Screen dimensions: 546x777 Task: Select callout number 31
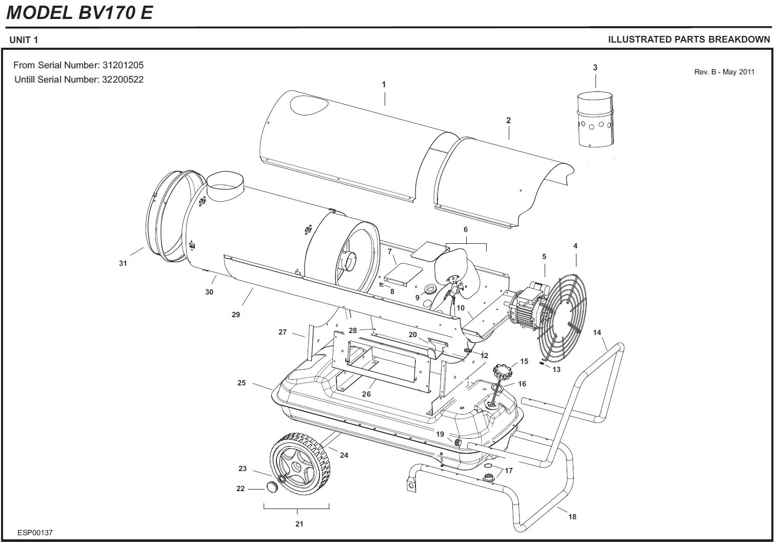coord(123,263)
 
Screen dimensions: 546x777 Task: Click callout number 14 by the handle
coord(597,333)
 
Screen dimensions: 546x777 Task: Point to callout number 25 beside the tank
coord(242,383)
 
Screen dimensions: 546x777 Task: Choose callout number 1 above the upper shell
coord(384,84)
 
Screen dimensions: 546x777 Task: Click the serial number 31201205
coord(123,65)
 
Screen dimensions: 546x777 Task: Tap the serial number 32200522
coord(123,80)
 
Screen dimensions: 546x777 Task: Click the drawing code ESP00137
coord(35,533)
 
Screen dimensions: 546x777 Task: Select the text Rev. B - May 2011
coord(724,72)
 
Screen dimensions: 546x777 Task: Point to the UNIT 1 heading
coord(24,40)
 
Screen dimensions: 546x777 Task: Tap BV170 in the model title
coord(107,12)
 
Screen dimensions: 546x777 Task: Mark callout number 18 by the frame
coord(572,517)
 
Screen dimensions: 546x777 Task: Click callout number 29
coord(235,315)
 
